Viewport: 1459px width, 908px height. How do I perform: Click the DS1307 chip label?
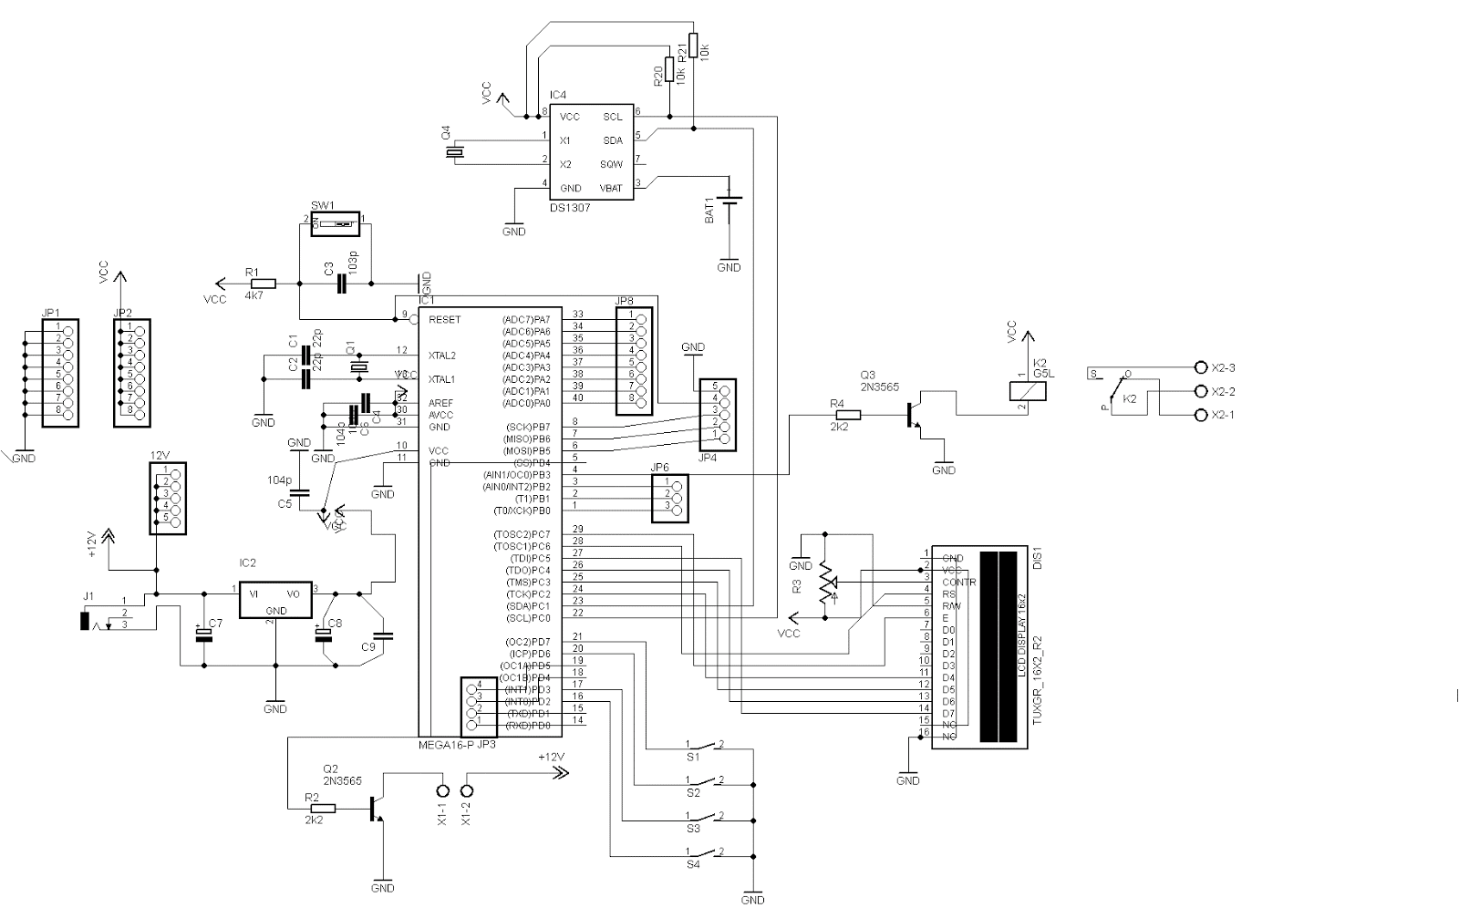(x=570, y=208)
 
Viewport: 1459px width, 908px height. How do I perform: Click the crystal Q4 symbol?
(x=455, y=152)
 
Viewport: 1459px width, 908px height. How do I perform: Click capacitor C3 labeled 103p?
(x=341, y=284)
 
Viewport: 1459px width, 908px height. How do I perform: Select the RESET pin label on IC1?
(x=445, y=320)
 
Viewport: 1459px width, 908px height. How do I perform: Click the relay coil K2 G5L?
(x=1028, y=391)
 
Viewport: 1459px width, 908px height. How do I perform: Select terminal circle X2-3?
(x=1200, y=367)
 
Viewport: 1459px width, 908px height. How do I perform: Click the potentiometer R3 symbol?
(x=825, y=583)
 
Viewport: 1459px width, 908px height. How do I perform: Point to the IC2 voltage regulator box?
(x=274, y=602)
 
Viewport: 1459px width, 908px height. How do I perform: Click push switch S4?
(x=703, y=855)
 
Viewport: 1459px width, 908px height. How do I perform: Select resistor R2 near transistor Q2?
(x=323, y=808)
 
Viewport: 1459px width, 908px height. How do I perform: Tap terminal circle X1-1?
(x=443, y=790)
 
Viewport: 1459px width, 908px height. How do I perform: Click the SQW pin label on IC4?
(x=611, y=164)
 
